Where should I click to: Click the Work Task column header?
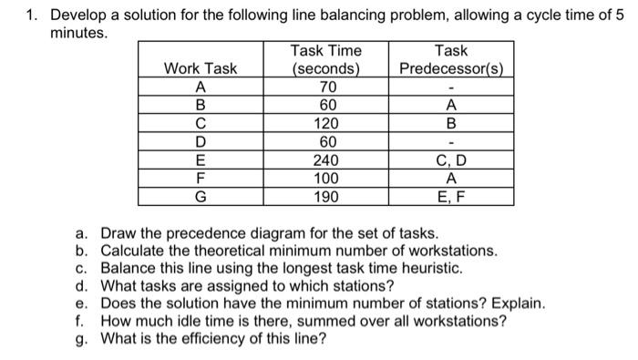coord(200,68)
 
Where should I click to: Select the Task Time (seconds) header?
coord(325,59)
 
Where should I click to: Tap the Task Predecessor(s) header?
coord(451,59)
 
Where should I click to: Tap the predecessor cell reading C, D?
coord(451,160)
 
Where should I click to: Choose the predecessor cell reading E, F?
coord(451,197)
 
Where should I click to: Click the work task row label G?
coord(200,197)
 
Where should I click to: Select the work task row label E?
coord(200,160)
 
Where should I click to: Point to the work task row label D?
coord(200,142)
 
